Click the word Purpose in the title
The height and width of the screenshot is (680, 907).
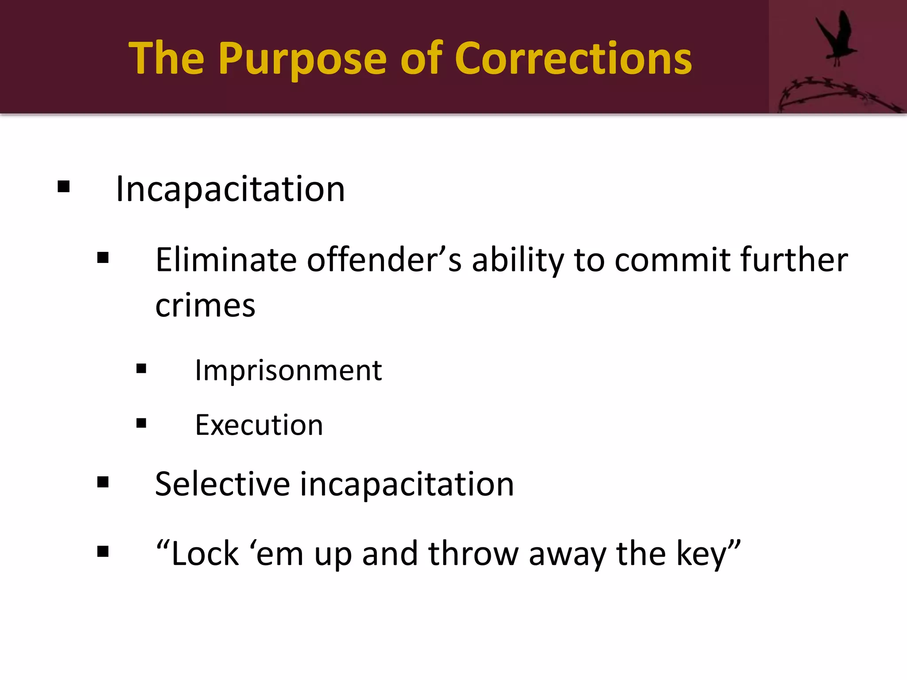pyautogui.click(x=302, y=59)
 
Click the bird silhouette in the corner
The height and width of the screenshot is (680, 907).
pyautogui.click(x=837, y=38)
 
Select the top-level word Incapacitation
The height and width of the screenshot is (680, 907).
pyautogui.click(x=230, y=189)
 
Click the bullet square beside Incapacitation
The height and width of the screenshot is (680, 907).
pyautogui.click(x=64, y=186)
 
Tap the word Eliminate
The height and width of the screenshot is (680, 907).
pyautogui.click(x=226, y=260)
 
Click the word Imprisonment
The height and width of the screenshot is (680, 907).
pyautogui.click(x=288, y=370)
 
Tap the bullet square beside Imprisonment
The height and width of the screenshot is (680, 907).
pyautogui.click(x=141, y=368)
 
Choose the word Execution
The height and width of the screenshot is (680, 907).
pyautogui.click(x=259, y=425)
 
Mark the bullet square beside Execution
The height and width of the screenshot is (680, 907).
pyautogui.click(x=141, y=423)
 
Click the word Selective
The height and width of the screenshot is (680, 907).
pyautogui.click(x=223, y=484)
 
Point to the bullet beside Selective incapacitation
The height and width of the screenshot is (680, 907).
pyautogui.click(x=103, y=482)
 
